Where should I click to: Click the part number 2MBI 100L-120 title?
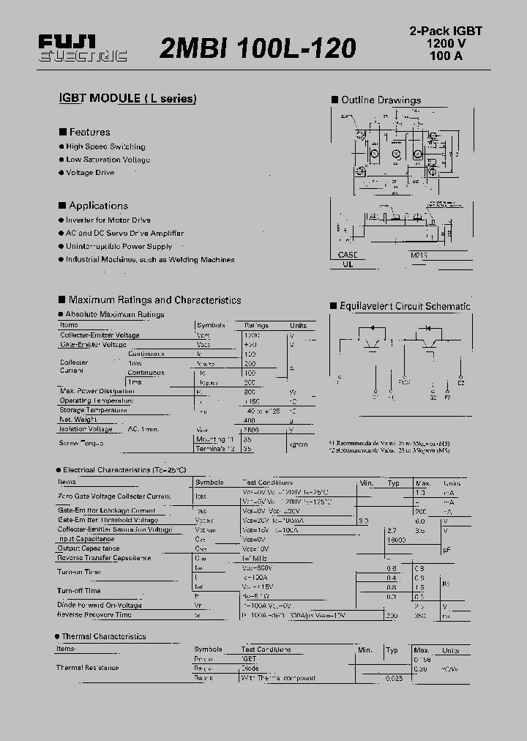(258, 48)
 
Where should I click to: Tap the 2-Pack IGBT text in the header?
(445, 31)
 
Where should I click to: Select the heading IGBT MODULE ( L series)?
(127, 99)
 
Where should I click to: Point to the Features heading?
(89, 132)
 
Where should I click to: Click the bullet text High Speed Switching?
(105, 146)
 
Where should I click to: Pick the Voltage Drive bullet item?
(90, 173)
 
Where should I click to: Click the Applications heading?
(98, 206)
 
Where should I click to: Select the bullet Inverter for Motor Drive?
(108, 220)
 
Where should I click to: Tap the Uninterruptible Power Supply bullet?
(119, 247)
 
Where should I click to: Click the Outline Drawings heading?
(381, 100)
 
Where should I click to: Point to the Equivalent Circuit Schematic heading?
(405, 306)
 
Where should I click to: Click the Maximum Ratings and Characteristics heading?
(154, 299)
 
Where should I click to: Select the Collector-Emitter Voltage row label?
(99, 335)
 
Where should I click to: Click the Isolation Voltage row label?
(86, 429)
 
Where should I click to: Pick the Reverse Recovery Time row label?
(94, 615)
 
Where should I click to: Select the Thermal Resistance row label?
(87, 668)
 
